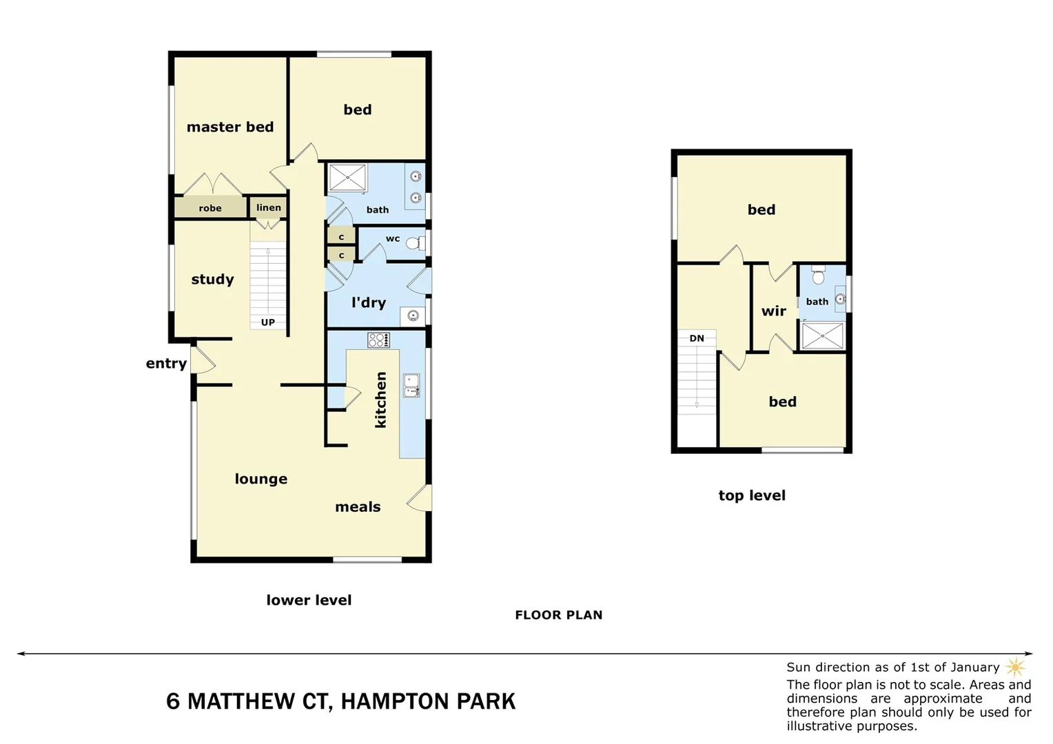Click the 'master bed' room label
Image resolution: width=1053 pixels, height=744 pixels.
click(230, 127)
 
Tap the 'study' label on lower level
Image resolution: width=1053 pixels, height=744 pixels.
click(212, 279)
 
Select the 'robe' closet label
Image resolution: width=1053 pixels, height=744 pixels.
click(210, 208)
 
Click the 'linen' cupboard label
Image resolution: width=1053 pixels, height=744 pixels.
click(269, 207)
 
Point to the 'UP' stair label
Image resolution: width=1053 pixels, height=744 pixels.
click(267, 322)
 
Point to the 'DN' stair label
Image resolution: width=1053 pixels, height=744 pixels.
click(697, 338)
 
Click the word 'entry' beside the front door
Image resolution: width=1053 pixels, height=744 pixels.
click(166, 364)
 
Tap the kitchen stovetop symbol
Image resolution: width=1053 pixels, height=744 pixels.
click(378, 340)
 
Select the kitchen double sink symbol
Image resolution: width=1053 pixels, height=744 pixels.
click(411, 386)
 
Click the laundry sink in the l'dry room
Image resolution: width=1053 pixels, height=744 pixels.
click(413, 316)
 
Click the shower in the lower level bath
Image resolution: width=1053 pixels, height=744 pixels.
click(347, 178)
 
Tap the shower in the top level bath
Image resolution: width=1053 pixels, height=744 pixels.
click(823, 336)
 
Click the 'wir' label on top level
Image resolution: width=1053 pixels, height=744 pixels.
click(773, 311)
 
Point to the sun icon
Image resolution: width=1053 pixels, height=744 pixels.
click(1015, 667)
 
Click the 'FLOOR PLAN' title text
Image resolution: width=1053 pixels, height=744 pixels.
click(558, 615)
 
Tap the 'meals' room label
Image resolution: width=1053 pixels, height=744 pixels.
click(358, 507)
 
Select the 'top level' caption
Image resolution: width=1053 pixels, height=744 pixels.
click(752, 495)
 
